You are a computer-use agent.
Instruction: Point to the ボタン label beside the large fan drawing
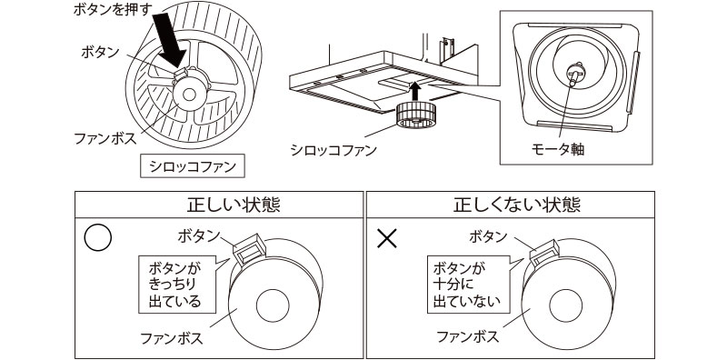click(97, 53)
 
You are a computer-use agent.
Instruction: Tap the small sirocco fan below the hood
click(415, 115)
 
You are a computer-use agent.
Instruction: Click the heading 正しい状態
click(219, 205)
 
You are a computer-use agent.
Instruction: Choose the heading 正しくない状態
click(509, 205)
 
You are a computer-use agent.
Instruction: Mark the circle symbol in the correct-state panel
click(97, 238)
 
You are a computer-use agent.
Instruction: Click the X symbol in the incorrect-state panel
click(387, 239)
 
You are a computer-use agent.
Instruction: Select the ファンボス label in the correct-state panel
click(171, 339)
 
